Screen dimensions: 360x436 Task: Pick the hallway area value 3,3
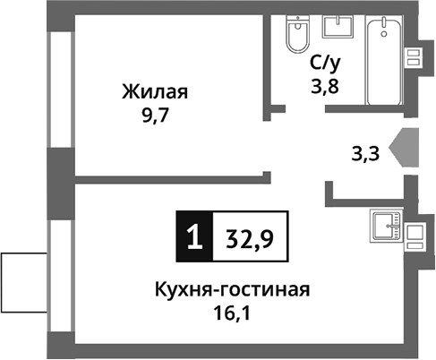pos(366,153)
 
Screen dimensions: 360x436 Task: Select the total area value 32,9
pos(250,239)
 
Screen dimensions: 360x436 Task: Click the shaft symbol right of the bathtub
pos(414,56)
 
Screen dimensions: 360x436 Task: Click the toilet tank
pos(295,22)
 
